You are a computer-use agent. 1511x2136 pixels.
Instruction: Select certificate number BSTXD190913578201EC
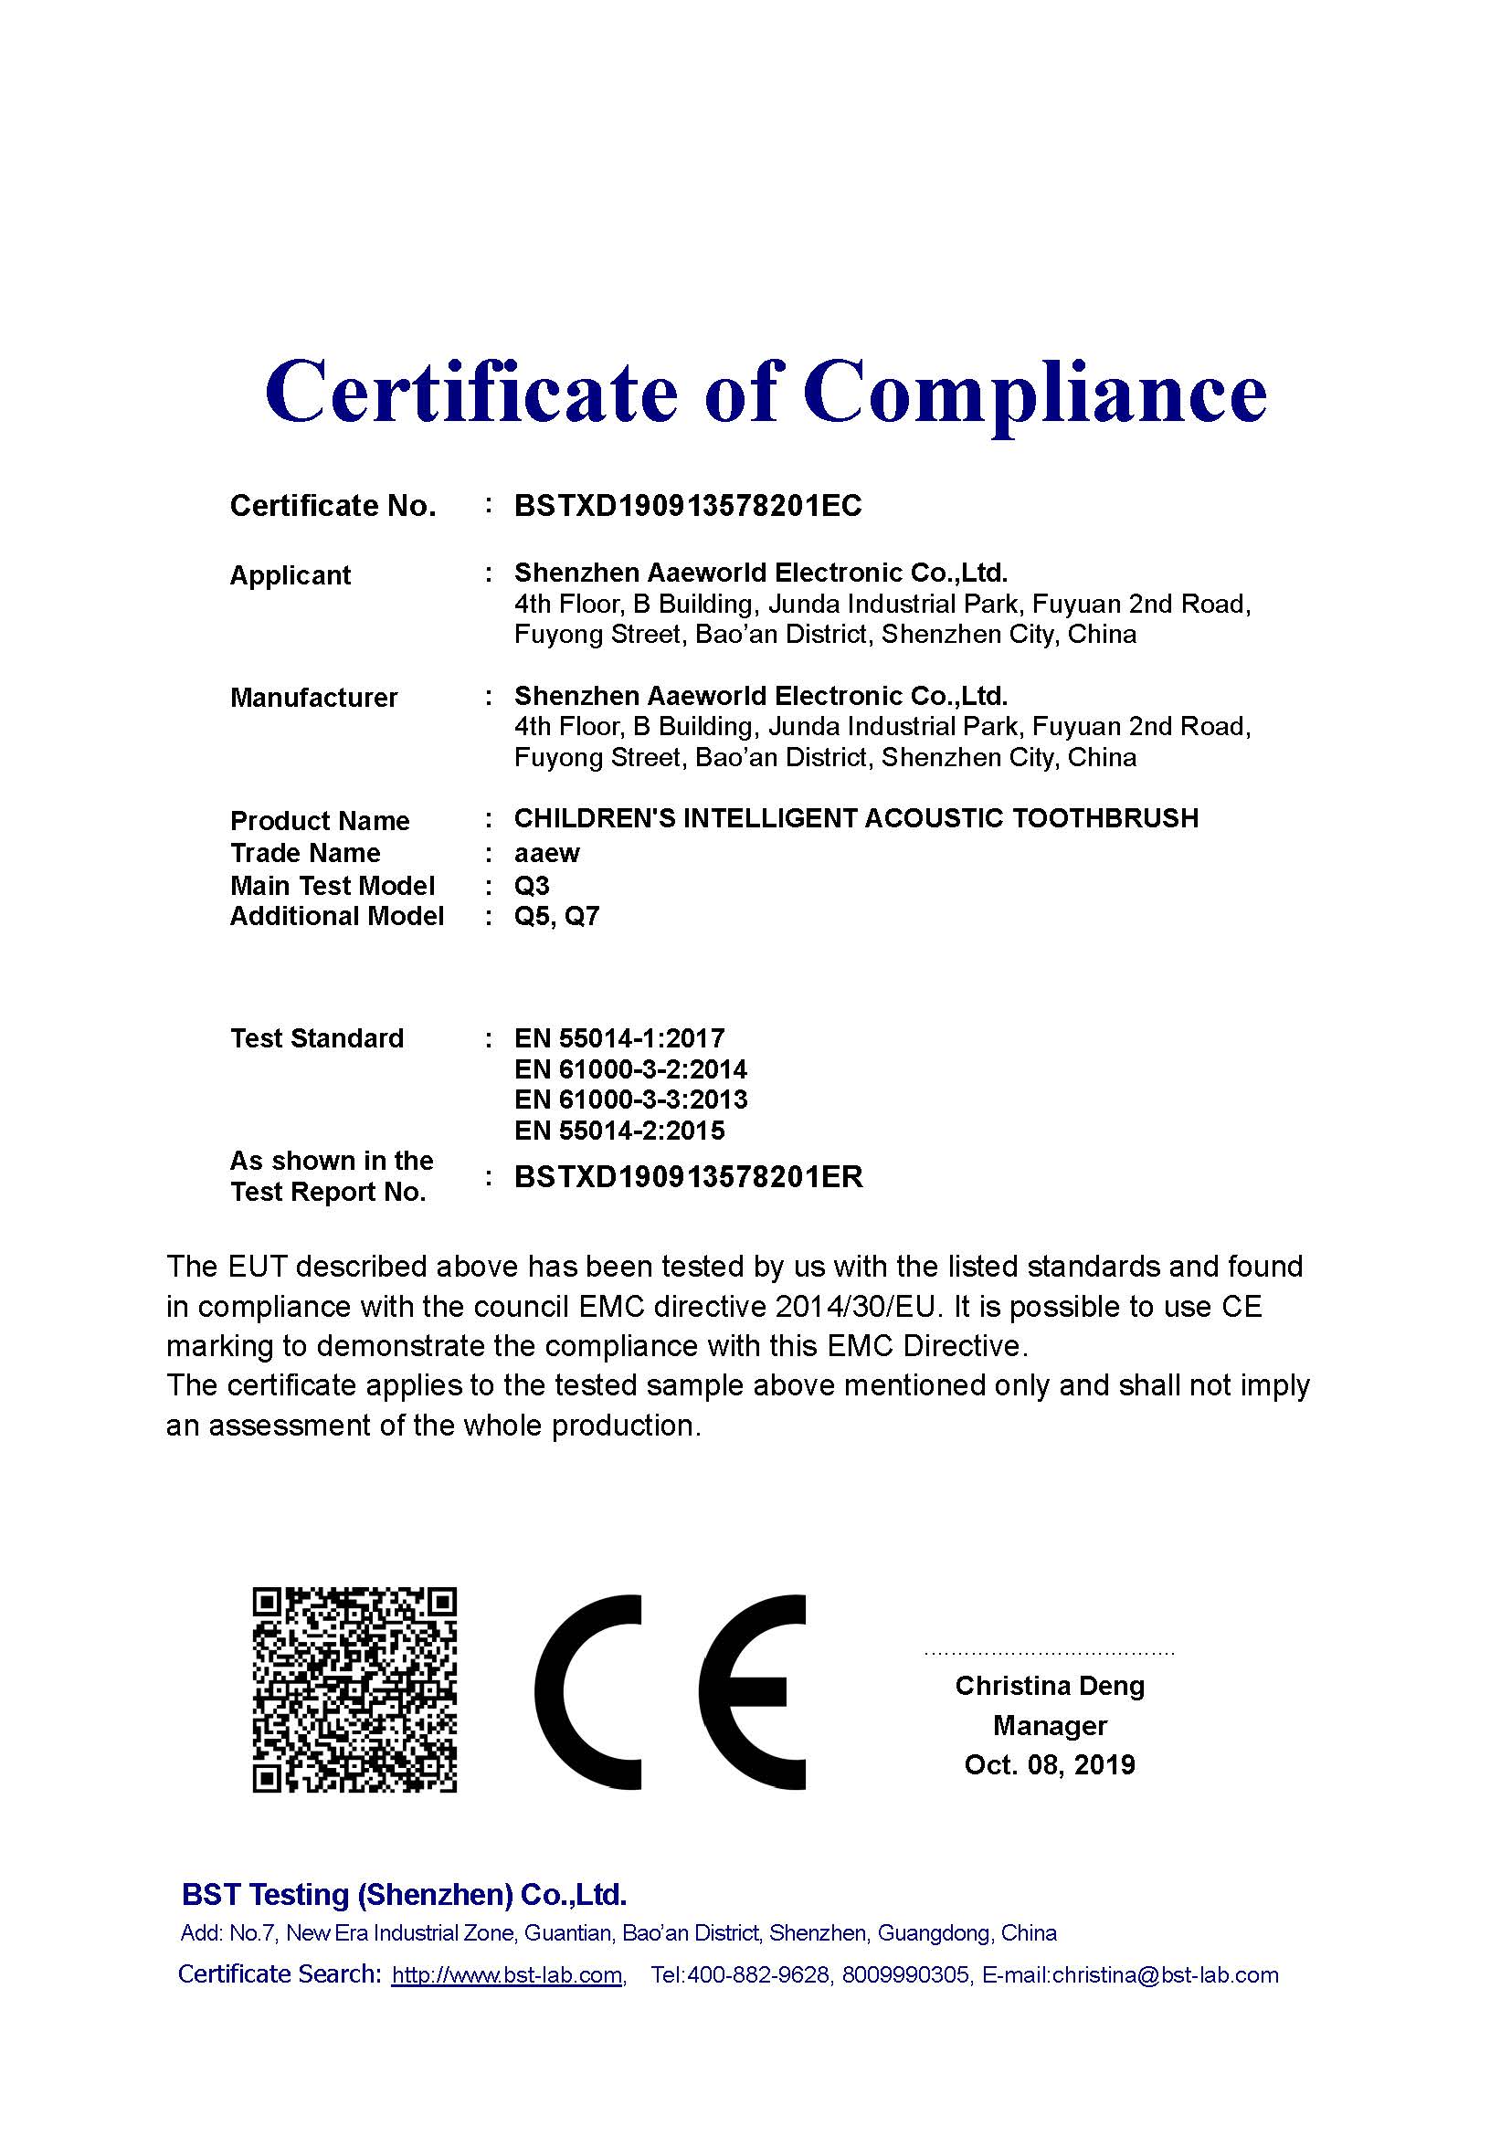[688, 506]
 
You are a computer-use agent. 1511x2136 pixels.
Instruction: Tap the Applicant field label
[290, 576]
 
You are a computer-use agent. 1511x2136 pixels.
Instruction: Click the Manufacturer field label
[313, 698]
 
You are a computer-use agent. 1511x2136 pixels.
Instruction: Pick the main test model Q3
[532, 886]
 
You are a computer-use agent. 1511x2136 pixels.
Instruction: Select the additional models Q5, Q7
[556, 917]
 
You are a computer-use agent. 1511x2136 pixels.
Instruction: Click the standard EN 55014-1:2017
[618, 1038]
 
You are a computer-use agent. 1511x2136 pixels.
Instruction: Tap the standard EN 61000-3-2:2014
[630, 1070]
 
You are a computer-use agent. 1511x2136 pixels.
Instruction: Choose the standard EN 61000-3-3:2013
[630, 1100]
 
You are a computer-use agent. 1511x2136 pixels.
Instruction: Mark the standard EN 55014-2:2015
[618, 1131]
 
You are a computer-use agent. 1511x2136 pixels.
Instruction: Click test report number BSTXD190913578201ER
[689, 1178]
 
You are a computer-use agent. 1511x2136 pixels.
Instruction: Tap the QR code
[354, 1690]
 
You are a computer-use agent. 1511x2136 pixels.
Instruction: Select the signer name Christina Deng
[1050, 1686]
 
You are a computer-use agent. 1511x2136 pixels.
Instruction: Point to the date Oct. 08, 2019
[1050, 1765]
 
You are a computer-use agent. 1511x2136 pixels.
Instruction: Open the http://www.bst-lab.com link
[507, 1975]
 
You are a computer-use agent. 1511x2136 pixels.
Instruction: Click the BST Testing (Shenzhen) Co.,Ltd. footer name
[404, 1895]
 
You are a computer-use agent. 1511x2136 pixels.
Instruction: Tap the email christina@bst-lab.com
[1165, 1975]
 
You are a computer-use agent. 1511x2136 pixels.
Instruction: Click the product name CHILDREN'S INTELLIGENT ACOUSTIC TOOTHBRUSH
[856, 818]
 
